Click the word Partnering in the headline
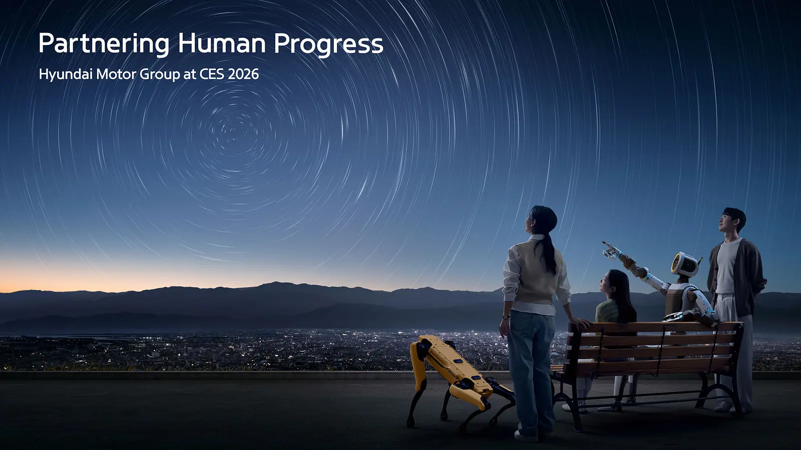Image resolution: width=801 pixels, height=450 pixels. (x=104, y=44)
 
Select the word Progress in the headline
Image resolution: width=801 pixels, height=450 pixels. (x=328, y=44)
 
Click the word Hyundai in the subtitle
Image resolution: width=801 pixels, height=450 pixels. (x=66, y=74)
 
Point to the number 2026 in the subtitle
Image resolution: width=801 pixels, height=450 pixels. (x=243, y=74)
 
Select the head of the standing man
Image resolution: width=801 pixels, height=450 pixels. (x=733, y=220)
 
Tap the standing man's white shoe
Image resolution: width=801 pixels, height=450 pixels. (x=724, y=406)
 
